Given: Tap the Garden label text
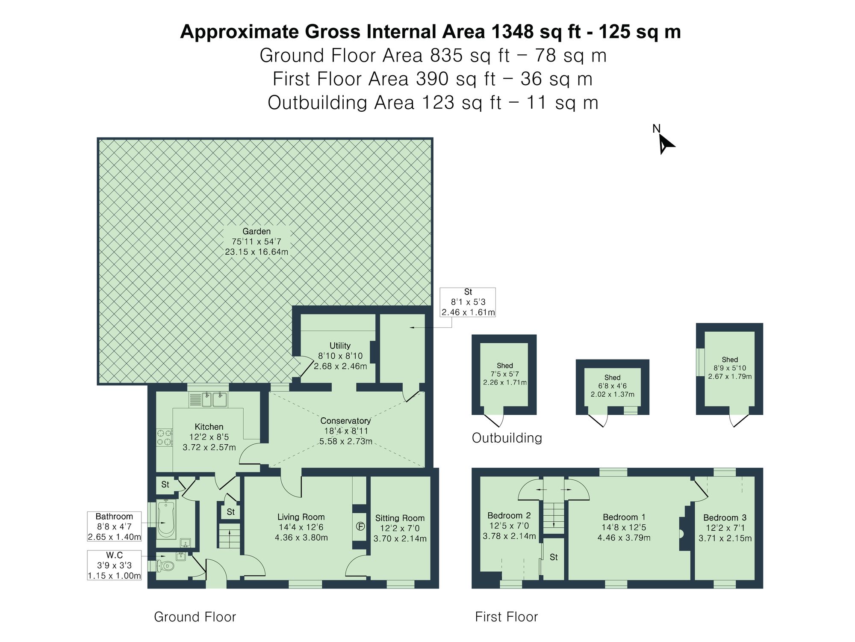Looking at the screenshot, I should pyautogui.click(x=256, y=232).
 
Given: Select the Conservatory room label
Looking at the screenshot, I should pyautogui.click(x=345, y=421).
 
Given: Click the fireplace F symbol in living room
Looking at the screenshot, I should pyautogui.click(x=360, y=526).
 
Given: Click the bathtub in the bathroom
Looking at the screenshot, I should pyautogui.click(x=166, y=519).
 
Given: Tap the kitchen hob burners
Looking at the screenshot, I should pyautogui.click(x=164, y=437).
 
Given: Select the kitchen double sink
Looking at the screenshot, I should pyautogui.click(x=214, y=400).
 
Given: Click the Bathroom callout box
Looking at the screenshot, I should pyautogui.click(x=114, y=526).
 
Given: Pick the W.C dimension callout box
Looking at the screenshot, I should pyautogui.click(x=114, y=565).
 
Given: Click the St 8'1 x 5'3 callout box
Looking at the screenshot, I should pyautogui.click(x=468, y=302).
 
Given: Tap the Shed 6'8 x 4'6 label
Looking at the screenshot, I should pyautogui.click(x=612, y=386).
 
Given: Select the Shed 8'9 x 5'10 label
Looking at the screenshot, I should pyautogui.click(x=730, y=368).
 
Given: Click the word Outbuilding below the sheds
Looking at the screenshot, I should pyautogui.click(x=507, y=438).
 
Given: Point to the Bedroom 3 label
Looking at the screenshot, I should pyautogui.click(x=725, y=518).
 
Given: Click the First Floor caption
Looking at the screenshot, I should pyautogui.click(x=506, y=617).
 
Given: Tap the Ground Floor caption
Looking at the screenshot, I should pyautogui.click(x=195, y=617).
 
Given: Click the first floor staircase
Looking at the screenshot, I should pyautogui.click(x=554, y=518).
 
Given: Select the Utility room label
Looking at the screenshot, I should pyautogui.click(x=340, y=346).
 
